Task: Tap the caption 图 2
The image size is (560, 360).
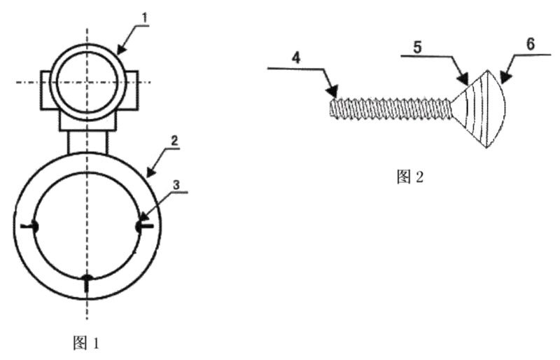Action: (x=410, y=176)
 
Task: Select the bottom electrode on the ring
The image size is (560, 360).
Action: (x=87, y=282)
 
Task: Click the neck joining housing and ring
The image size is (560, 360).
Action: (x=87, y=142)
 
